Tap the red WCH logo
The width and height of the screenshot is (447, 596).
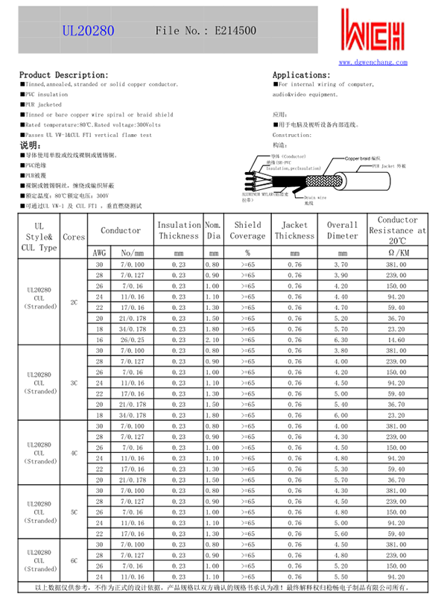click(374, 31)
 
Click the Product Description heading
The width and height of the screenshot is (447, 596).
click(63, 75)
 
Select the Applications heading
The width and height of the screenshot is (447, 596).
click(302, 75)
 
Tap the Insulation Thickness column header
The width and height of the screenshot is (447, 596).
click(179, 230)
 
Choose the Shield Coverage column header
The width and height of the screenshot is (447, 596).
click(247, 230)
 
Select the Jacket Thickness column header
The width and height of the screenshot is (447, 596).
click(294, 230)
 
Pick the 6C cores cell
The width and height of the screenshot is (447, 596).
click(74, 559)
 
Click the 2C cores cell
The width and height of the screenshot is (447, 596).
click(74, 302)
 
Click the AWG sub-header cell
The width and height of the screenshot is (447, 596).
click(99, 253)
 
